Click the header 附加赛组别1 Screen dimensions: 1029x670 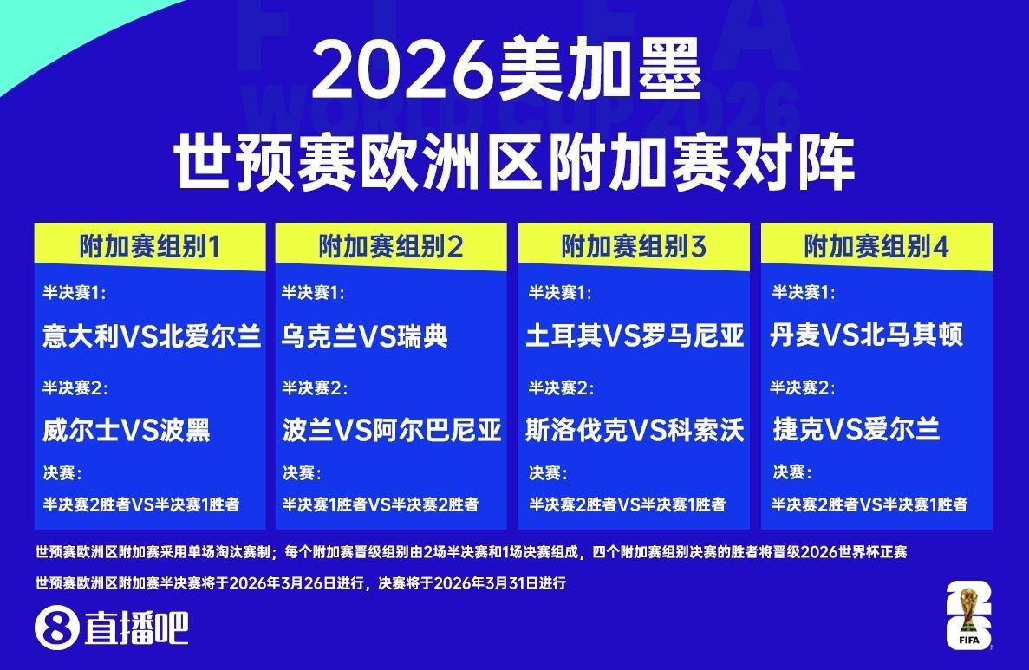pos(150,247)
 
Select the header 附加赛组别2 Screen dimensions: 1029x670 pos(391,247)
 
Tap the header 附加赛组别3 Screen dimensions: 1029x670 pos(634,247)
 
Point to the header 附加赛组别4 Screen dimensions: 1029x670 pos(876,247)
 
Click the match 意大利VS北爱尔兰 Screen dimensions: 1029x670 pos(152,336)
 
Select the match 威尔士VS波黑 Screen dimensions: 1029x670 pos(127,431)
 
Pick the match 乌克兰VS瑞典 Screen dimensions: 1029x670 pos(365,336)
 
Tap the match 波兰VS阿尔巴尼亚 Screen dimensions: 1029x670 pos(392,431)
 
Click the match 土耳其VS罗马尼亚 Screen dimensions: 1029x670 pos(635,336)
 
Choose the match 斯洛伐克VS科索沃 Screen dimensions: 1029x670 pos(635,431)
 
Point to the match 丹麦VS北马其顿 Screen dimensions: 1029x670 pos(866,335)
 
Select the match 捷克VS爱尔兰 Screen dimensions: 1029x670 pos(856,430)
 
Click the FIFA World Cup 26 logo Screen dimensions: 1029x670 pos(968,615)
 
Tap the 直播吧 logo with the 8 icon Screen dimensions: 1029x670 pos(112,628)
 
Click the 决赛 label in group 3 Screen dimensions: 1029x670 pos(548,472)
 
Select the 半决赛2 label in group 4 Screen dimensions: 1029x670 pos(803,387)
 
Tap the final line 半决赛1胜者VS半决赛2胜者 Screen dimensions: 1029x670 pos(381,504)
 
